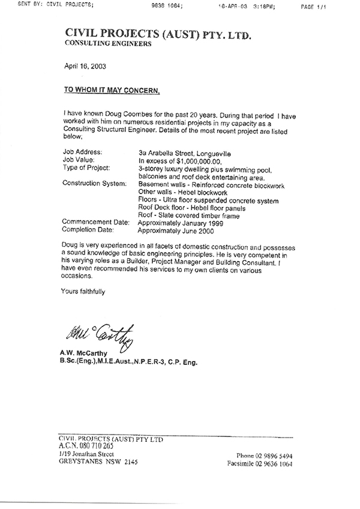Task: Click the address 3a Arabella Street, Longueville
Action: pos(188,153)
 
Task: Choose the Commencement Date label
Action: pos(96,222)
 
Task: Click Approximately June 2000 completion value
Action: pos(175,230)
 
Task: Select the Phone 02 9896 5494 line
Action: pos(265,455)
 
